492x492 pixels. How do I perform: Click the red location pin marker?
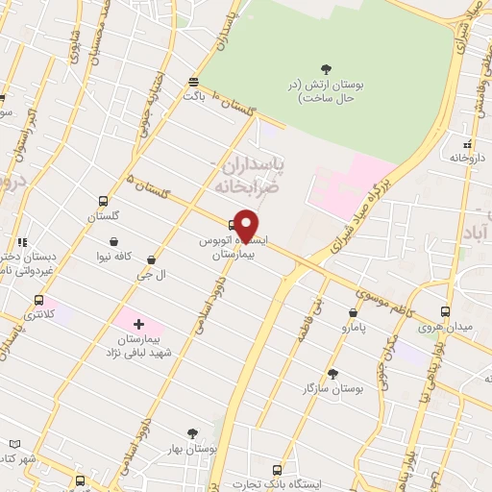(247, 224)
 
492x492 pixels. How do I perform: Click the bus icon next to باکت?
(194, 82)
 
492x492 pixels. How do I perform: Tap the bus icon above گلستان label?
(102, 201)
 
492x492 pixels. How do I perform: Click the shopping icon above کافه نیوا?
(115, 241)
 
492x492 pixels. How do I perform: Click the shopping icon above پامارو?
(354, 312)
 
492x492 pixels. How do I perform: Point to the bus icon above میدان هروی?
(445, 311)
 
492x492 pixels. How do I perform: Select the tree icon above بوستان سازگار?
(333, 373)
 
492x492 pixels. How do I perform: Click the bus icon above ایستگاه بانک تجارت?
(279, 470)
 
